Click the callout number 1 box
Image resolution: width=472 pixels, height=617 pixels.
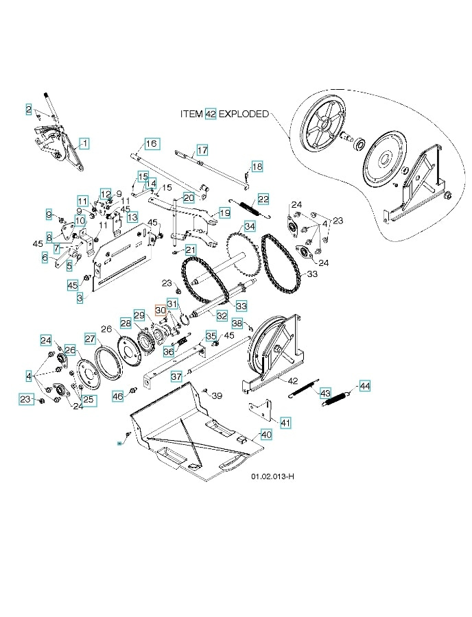click(x=84, y=143)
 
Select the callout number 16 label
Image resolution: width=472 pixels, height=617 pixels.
click(x=151, y=144)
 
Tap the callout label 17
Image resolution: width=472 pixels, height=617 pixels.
click(x=202, y=149)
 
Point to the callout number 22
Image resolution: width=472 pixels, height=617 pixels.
click(x=264, y=199)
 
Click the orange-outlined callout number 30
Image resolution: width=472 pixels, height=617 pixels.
click(x=161, y=310)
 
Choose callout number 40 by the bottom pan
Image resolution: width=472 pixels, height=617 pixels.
click(x=266, y=434)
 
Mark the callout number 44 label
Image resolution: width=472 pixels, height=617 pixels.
click(x=364, y=386)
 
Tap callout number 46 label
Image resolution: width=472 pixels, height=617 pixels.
click(x=117, y=396)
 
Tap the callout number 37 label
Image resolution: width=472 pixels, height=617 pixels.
click(x=176, y=376)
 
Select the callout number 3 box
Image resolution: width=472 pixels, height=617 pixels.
click(x=80, y=298)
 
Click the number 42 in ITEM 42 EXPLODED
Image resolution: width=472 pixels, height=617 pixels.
click(x=211, y=114)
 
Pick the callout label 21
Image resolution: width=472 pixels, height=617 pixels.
click(x=190, y=250)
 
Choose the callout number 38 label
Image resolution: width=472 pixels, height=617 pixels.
click(x=236, y=322)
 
